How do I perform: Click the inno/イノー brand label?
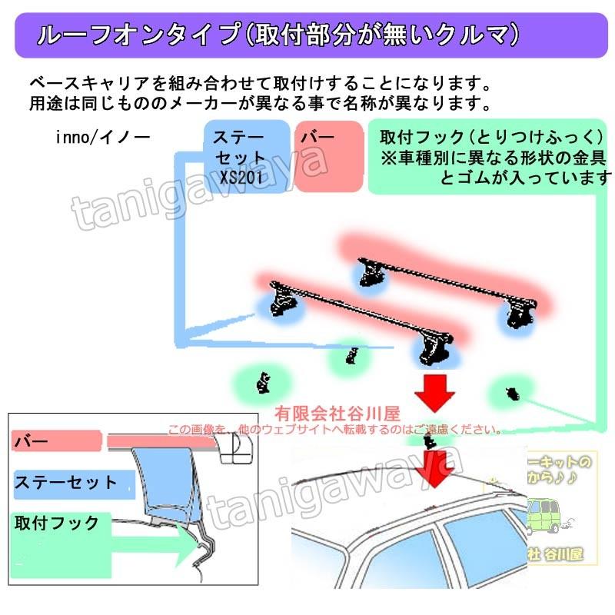pos(103,138)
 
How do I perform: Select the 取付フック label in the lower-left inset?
pos(57,524)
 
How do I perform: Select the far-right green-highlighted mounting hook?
pos(510,393)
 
